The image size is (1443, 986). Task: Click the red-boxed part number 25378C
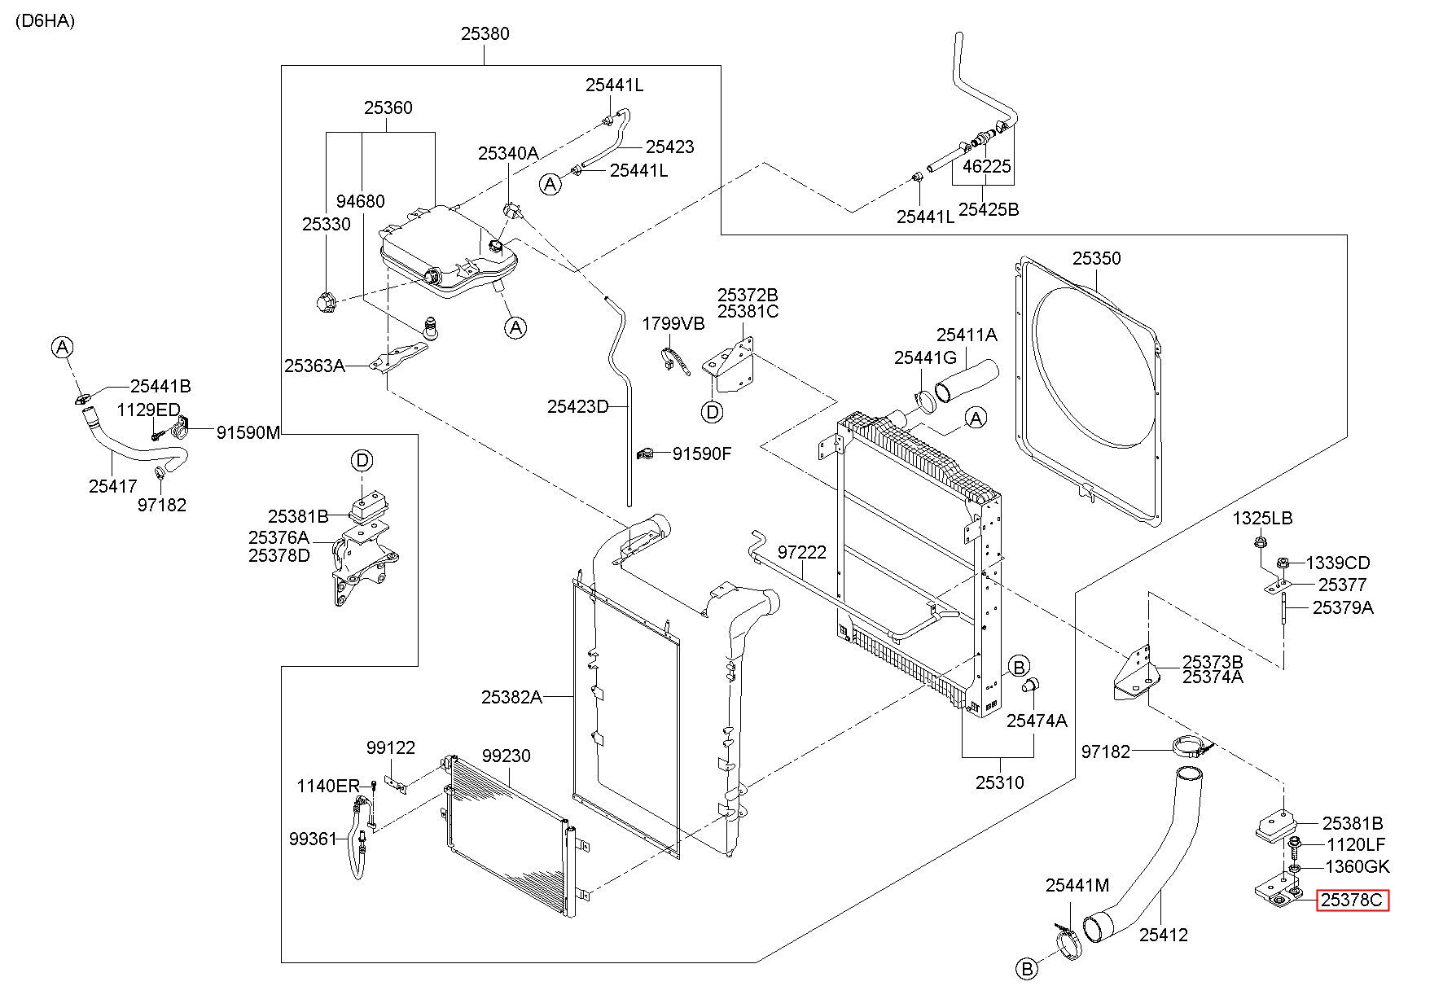pos(1353,900)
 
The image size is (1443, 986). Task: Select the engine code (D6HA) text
pos(44,21)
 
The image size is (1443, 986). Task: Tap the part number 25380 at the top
pos(485,33)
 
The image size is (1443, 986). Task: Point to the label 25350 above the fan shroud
pos(1096,258)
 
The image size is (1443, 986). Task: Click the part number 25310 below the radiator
pos(1000,782)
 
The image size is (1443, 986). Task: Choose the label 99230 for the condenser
pos(505,756)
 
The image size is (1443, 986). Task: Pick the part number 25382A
pos(511,697)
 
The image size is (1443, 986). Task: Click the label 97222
pos(802,552)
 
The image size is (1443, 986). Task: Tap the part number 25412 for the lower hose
pos(1163,935)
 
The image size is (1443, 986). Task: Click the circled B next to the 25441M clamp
pos(1028,969)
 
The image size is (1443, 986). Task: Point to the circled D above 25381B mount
pos(362,462)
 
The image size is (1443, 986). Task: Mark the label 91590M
pos(248,433)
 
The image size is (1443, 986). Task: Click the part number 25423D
pos(577,406)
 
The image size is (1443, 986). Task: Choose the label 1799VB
pos(673,323)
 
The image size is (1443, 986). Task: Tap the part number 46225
pos(987,166)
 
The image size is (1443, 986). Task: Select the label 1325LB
pos(1262,518)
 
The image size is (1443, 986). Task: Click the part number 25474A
pos(1037,721)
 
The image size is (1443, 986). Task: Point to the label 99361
pos(313,838)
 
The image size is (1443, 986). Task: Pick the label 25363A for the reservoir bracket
pos(314,366)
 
